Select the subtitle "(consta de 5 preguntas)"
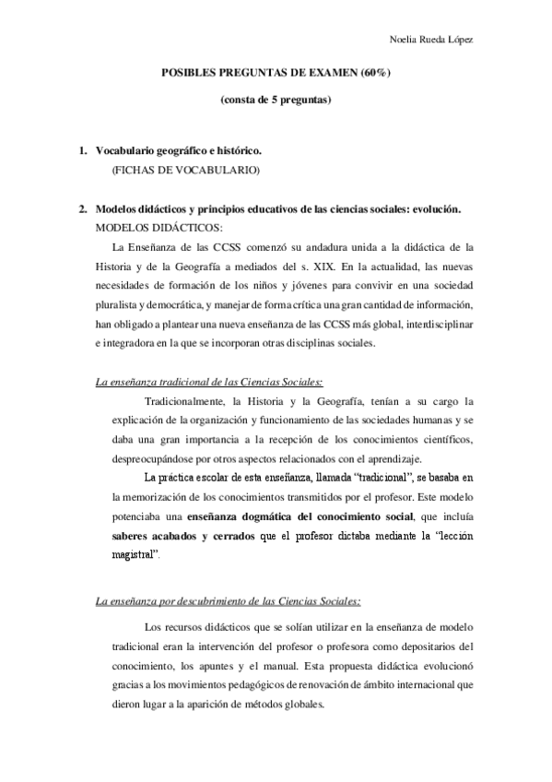point(276,99)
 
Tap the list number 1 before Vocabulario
point(83,150)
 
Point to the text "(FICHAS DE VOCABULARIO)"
point(172,170)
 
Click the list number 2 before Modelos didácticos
point(83,209)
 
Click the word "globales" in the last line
point(300,705)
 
